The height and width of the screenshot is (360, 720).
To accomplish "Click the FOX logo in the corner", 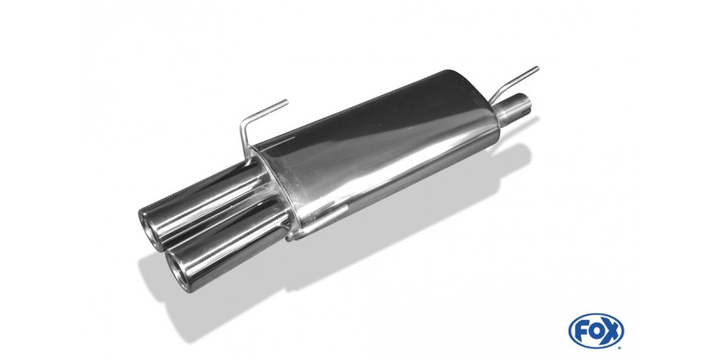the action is tap(596, 331).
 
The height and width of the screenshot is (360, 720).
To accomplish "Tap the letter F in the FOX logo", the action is tap(580, 331).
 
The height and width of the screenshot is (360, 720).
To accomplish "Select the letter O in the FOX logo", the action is tap(596, 331).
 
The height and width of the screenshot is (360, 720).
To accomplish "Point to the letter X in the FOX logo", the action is tap(612, 331).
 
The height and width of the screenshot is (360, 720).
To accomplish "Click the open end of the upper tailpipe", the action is tap(150, 231).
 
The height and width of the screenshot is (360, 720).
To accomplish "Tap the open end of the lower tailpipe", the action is tap(178, 271).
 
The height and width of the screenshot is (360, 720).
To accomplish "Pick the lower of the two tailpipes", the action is tap(225, 245).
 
